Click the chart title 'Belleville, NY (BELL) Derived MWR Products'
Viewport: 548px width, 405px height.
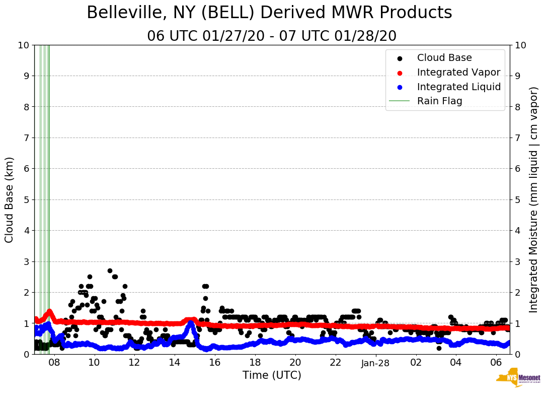pos(269,13)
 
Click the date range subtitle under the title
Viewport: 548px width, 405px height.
pos(272,36)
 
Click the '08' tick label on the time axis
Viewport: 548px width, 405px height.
pos(54,363)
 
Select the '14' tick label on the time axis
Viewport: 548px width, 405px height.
pos(175,363)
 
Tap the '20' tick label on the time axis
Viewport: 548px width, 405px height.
pos(295,363)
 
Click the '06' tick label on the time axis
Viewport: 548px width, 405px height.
pos(496,363)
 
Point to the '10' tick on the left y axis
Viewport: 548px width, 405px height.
pos(24,45)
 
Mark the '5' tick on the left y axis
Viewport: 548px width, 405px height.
pos(27,199)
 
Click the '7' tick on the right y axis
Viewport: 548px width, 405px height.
pos(518,138)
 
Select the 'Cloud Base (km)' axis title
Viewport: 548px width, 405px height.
pos(10,199)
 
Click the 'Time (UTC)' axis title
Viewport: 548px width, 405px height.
pos(272,376)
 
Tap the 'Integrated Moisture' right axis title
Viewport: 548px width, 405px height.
pos(534,199)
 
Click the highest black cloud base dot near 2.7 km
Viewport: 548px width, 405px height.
pos(110,271)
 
